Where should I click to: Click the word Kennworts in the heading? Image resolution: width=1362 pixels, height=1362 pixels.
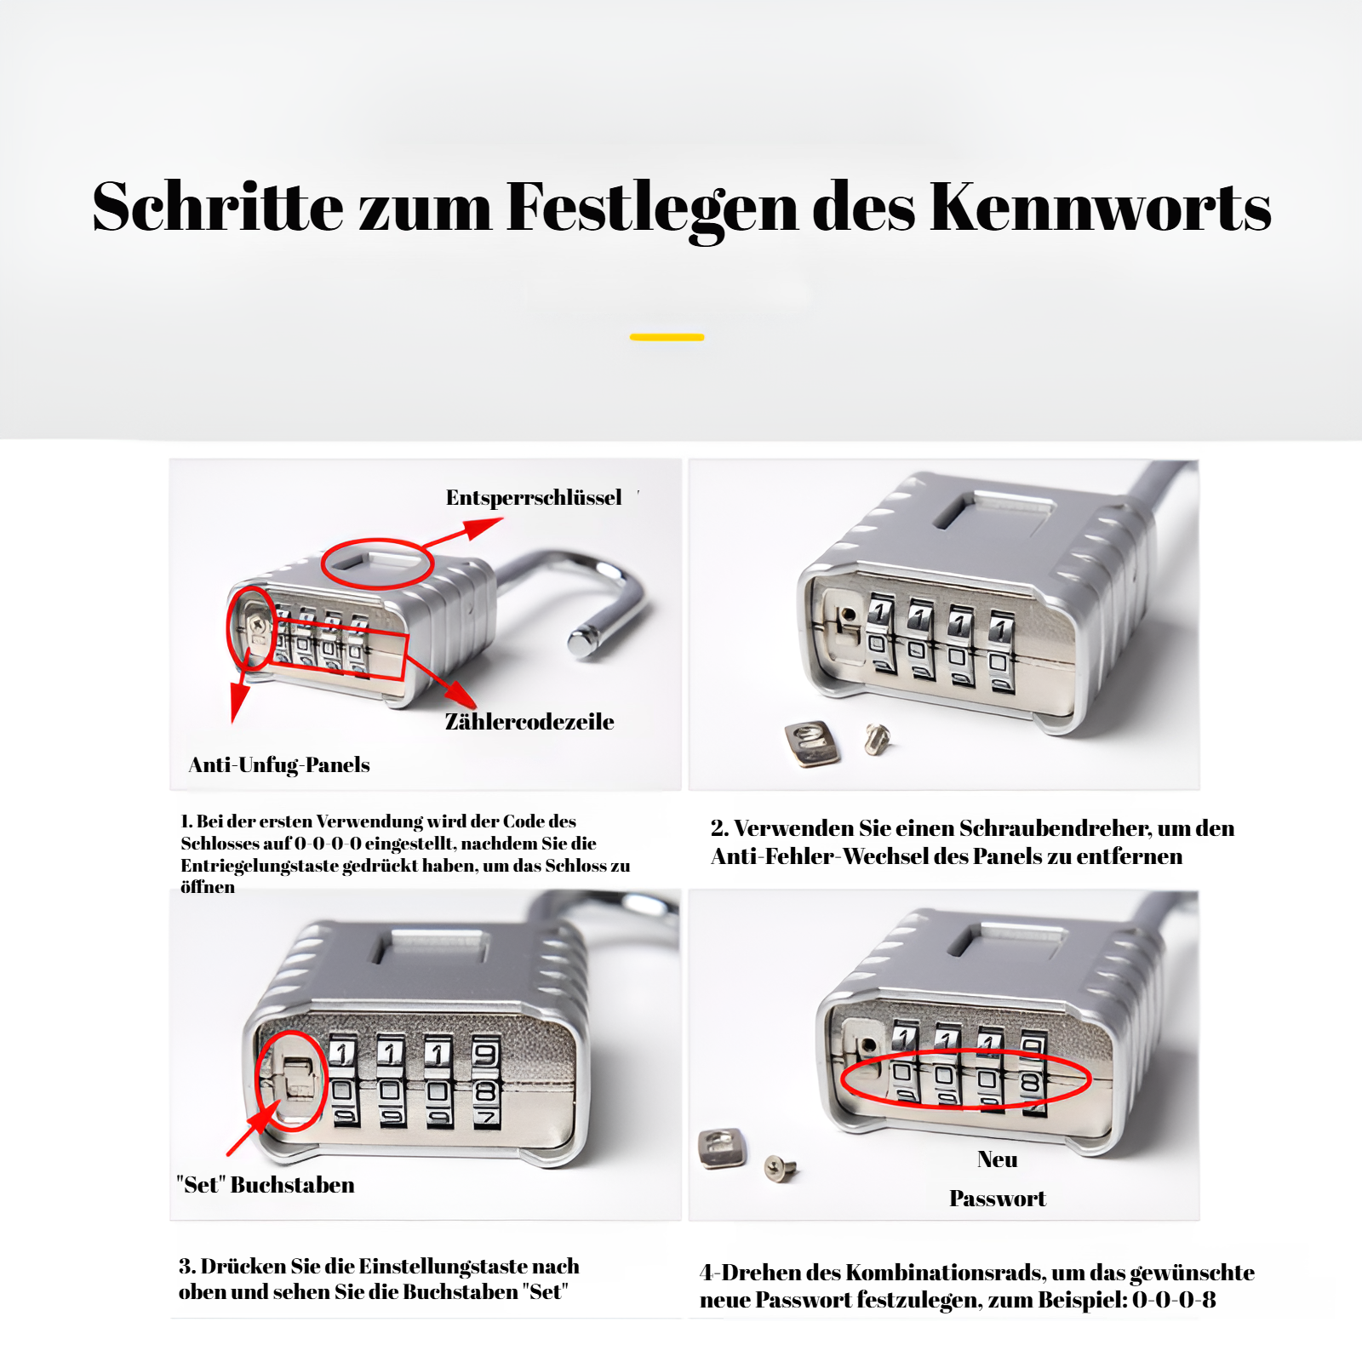1100,207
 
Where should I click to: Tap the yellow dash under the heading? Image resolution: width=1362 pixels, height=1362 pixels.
667,337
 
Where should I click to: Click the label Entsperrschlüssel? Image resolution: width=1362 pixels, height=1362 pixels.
534,498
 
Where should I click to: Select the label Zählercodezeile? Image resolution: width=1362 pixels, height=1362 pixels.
529,722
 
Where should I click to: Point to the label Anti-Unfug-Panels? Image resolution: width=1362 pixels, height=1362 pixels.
279,764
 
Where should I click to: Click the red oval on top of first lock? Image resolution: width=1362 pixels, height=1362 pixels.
377,564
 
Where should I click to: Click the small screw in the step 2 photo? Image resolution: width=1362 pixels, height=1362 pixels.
877,737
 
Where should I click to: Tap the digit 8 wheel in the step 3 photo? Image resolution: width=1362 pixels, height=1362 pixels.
486,1090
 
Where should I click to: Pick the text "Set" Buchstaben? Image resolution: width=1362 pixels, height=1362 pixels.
266,1185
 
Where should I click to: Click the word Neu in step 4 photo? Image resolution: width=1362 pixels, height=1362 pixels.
997,1159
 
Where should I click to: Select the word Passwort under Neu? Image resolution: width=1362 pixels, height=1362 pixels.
997,1199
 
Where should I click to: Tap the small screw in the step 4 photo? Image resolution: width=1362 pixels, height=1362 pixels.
779,1168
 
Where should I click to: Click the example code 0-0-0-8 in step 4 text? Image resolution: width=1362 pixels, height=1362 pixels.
1174,1300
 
